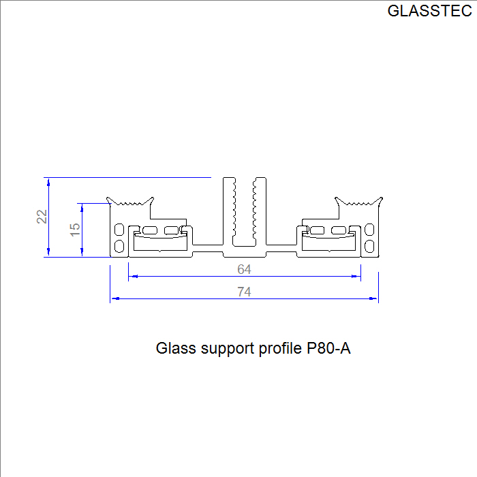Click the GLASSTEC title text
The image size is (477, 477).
(x=429, y=11)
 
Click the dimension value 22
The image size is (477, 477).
(x=42, y=217)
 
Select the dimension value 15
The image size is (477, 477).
(x=75, y=230)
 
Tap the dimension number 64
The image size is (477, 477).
(x=244, y=269)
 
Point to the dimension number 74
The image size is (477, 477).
(x=244, y=292)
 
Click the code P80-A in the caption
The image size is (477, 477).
(x=328, y=348)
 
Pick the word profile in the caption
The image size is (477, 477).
(x=280, y=348)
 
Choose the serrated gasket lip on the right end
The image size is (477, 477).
(x=358, y=202)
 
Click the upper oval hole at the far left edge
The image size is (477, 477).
(x=119, y=229)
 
